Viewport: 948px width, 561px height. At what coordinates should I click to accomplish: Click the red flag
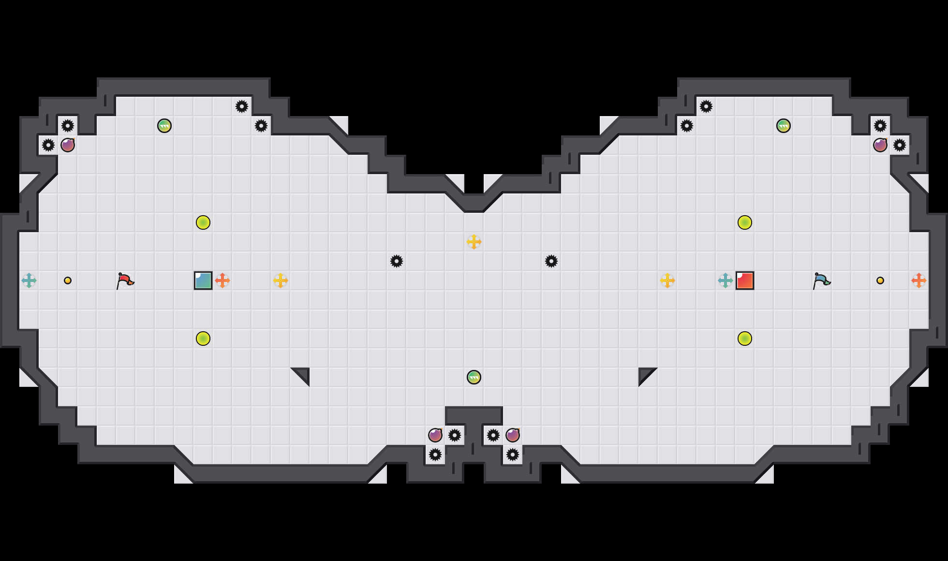125,280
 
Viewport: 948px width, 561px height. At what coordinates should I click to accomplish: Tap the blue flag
821,280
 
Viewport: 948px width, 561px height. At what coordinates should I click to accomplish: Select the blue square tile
203,280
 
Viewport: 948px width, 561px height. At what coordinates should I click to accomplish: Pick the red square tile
745,280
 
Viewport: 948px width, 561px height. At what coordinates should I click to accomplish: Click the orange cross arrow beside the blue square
222,280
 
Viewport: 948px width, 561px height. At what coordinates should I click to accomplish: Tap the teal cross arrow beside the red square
726,280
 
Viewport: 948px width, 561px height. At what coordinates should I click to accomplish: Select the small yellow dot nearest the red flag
68,280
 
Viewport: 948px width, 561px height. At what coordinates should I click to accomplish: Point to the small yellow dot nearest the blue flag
880,280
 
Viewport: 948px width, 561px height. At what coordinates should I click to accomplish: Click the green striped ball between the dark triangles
474,377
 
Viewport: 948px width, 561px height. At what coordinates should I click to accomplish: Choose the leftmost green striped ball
164,126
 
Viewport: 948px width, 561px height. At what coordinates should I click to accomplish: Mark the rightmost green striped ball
784,126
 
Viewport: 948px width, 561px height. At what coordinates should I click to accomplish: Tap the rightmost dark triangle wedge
645,374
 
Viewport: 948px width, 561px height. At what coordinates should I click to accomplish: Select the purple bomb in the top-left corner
68,145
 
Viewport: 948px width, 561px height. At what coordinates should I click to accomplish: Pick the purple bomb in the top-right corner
880,145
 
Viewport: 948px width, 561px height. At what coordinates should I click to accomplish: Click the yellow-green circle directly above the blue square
203,222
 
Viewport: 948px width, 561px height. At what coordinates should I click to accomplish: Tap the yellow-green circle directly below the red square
745,339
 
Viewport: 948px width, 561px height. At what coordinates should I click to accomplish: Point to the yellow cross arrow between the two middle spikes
474,242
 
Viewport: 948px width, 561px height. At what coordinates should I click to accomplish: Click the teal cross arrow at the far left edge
29,280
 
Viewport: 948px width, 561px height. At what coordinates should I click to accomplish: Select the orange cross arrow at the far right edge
919,280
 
